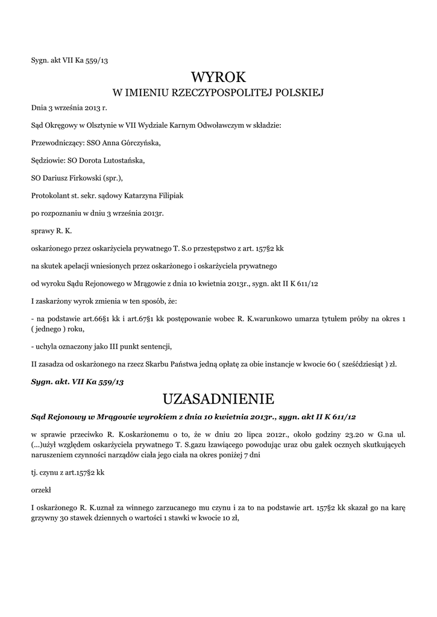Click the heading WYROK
tap(218, 77)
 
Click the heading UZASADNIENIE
tap(218, 399)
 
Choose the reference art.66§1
tap(100, 318)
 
